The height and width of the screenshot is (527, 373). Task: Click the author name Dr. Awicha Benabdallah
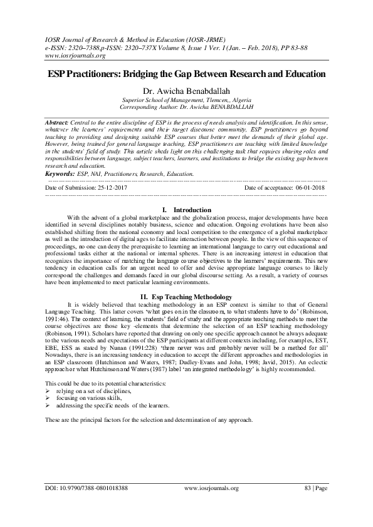coord(186,91)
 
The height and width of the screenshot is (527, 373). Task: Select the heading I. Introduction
coord(186,209)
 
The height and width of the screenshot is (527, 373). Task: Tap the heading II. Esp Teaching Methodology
coord(186,296)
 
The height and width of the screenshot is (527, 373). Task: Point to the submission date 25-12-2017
coord(111,187)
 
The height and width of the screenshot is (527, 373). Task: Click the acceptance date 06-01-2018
coord(307,187)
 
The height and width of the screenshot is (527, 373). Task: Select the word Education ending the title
coord(297,74)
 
